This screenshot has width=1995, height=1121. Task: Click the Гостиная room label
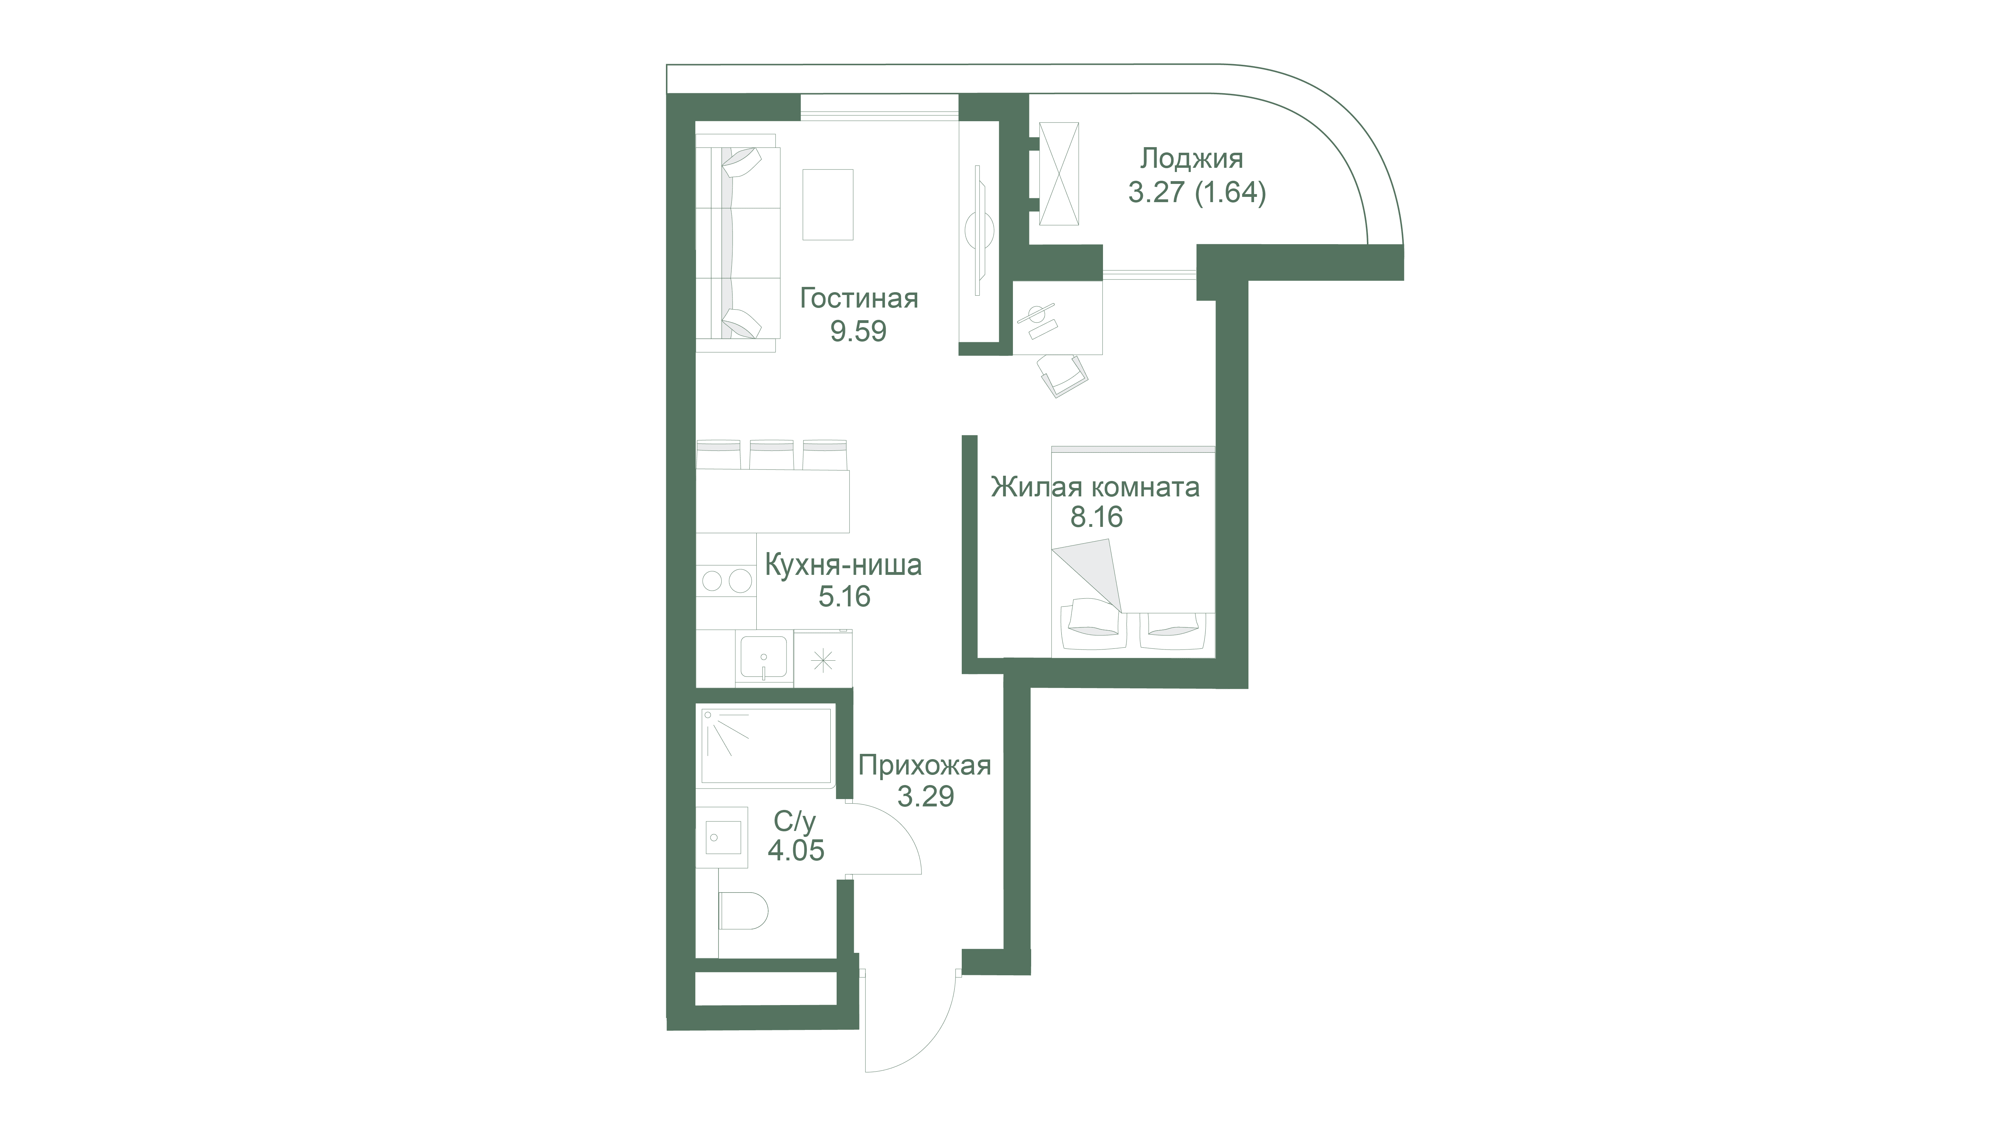coord(859,299)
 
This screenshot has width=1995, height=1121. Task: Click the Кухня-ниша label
coord(843,565)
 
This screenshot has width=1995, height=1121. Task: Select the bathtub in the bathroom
coord(767,746)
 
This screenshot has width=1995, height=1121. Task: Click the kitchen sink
coord(222,657)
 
